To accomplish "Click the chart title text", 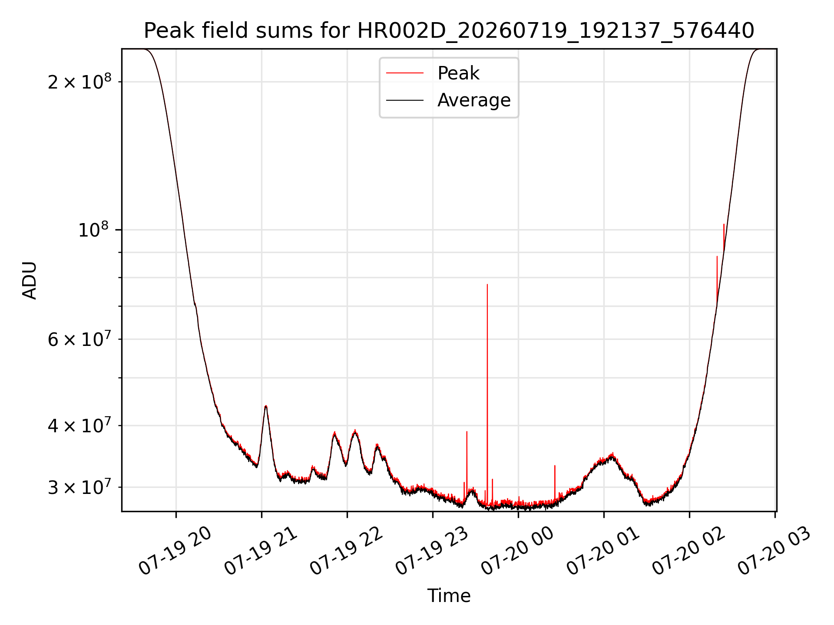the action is click(449, 31).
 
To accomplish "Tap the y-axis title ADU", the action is click(30, 280).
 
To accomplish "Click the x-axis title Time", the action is click(449, 595).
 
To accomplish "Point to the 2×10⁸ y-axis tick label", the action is click(79, 82).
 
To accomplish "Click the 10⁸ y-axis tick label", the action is click(95, 230).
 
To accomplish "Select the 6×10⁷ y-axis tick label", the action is click(79, 339).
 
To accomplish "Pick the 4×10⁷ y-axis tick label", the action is click(79, 425).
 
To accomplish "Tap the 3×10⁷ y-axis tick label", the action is click(79, 487).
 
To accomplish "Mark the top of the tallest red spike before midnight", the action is click(487, 284).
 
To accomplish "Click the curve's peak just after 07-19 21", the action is click(266, 406).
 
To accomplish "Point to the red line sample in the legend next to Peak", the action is click(405, 73).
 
